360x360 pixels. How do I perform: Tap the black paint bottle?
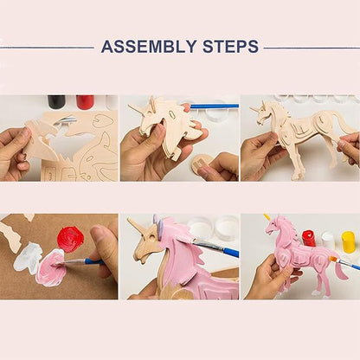coord(56,101)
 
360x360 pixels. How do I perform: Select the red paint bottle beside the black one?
coord(85,101)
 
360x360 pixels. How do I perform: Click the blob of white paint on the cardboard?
coord(28,254)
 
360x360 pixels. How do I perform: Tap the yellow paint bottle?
coord(348,241)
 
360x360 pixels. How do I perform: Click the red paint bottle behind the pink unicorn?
coord(309,238)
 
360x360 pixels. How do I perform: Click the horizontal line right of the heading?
coord(312,48)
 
